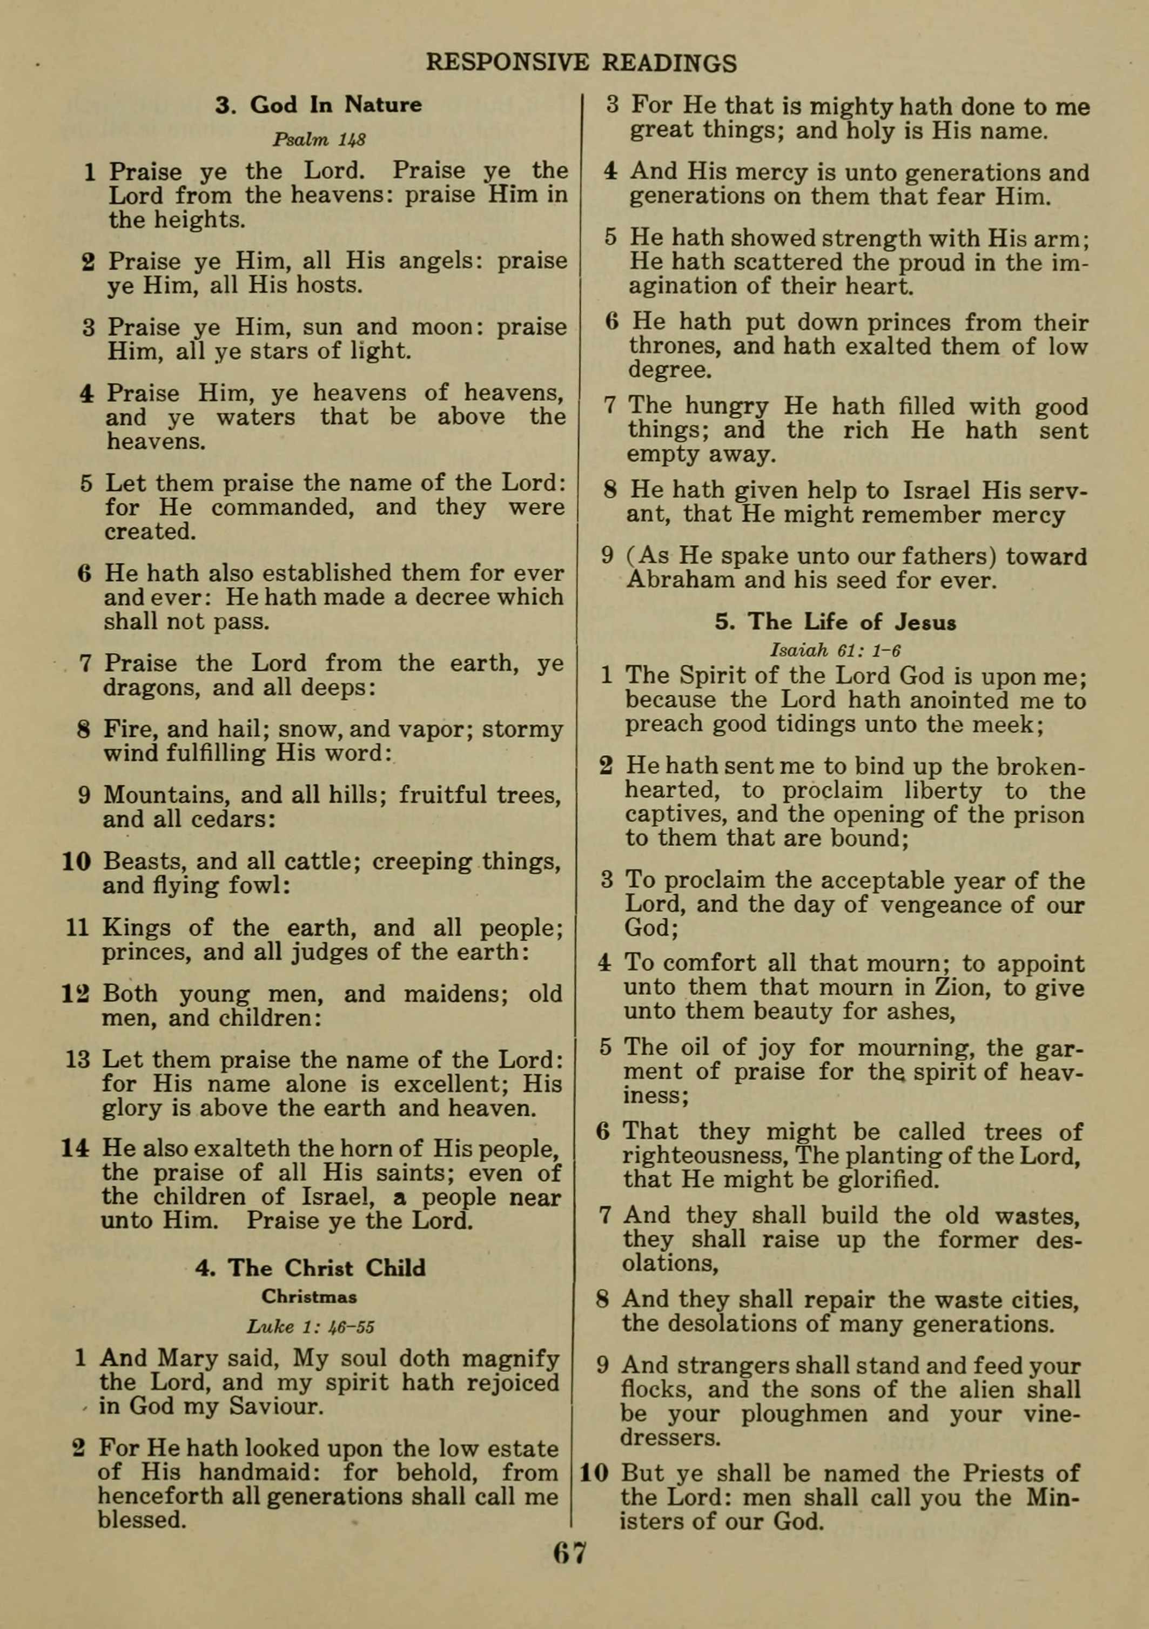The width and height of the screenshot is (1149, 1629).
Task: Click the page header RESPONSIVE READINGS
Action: [581, 63]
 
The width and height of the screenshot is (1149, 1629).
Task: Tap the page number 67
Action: [570, 1572]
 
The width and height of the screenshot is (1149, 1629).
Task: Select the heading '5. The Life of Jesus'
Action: [835, 622]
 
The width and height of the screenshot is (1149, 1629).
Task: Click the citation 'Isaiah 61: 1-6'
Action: [835, 650]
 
